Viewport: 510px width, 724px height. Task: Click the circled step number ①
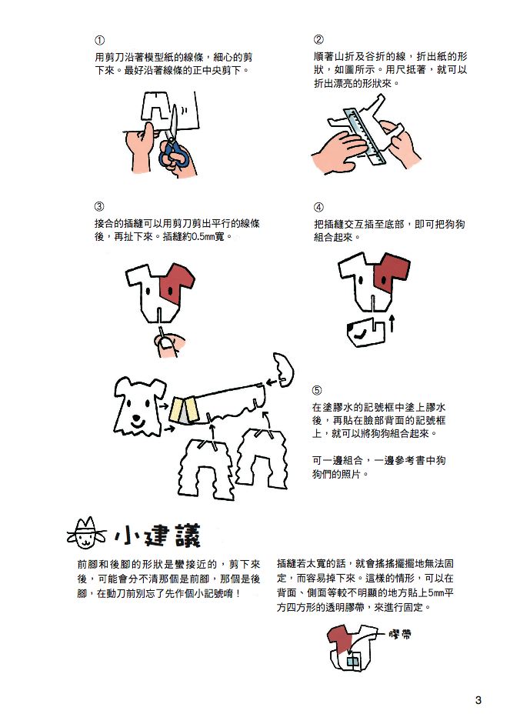(x=99, y=40)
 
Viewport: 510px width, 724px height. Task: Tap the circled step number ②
(x=318, y=40)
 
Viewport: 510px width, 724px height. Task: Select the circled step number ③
(x=99, y=206)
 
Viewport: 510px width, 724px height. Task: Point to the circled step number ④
(x=318, y=206)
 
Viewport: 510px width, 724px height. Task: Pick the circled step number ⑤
(x=317, y=390)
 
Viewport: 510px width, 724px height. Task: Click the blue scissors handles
(x=174, y=155)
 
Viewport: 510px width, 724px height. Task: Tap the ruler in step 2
(x=365, y=135)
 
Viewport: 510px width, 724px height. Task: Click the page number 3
(x=478, y=700)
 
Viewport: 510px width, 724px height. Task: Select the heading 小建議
(x=158, y=535)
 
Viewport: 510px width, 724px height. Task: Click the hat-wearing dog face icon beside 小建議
(x=86, y=533)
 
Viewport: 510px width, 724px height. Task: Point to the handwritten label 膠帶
(x=400, y=634)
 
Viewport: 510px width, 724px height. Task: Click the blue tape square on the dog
(x=353, y=660)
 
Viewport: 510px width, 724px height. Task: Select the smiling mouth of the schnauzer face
(x=136, y=421)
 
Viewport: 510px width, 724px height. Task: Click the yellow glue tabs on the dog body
(x=185, y=410)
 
